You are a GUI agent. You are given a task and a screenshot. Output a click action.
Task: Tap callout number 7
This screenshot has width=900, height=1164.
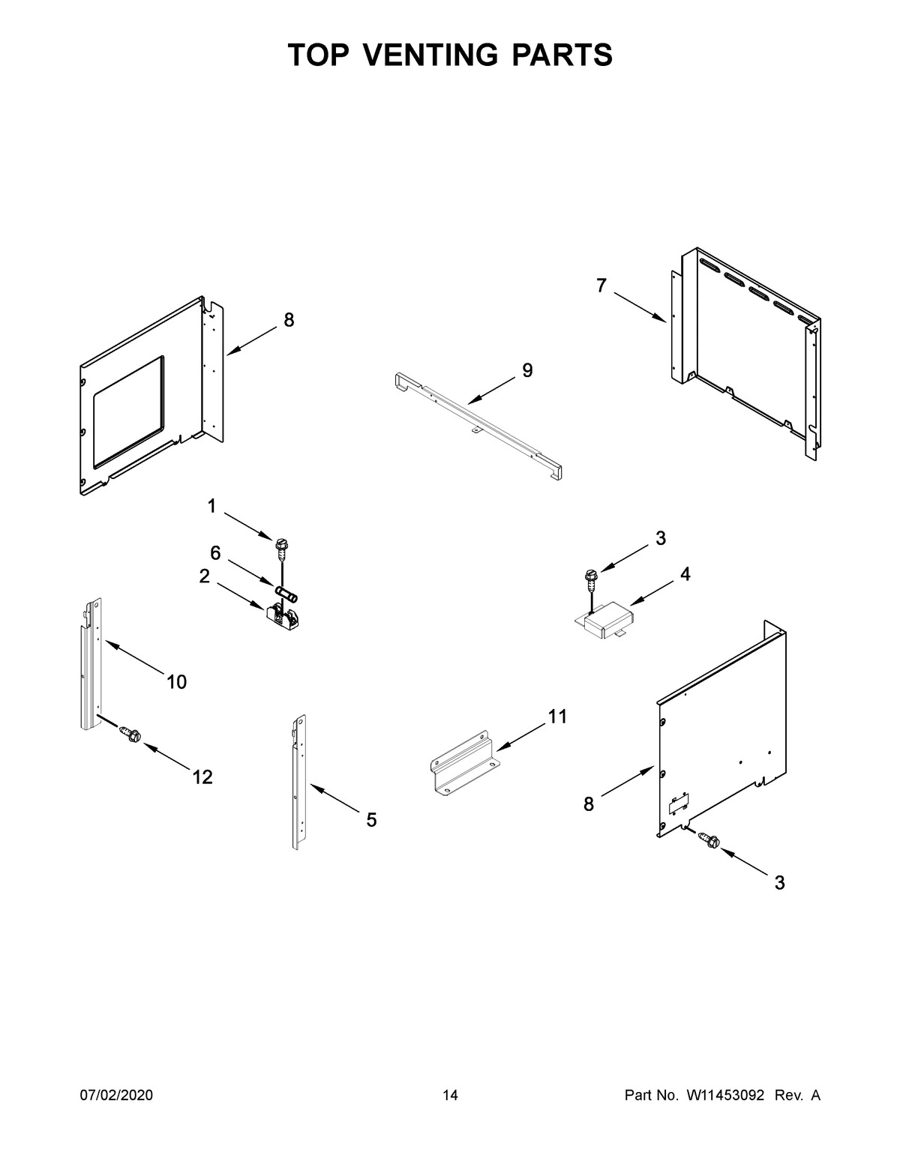click(601, 286)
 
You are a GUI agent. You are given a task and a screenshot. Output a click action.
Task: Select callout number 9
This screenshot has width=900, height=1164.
click(527, 370)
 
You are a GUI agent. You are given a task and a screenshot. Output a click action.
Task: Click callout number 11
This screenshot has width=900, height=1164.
click(557, 717)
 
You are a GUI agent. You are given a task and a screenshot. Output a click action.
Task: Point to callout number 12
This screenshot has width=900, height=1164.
click(202, 778)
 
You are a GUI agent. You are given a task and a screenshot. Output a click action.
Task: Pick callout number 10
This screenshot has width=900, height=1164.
click(177, 682)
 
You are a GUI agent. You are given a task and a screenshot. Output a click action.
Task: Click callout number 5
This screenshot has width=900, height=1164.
click(371, 821)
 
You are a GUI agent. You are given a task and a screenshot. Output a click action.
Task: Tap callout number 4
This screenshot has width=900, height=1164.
click(685, 574)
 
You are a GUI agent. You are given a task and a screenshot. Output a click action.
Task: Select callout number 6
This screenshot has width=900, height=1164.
click(215, 553)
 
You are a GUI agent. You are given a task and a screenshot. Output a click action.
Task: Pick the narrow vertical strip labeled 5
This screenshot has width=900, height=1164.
click(298, 783)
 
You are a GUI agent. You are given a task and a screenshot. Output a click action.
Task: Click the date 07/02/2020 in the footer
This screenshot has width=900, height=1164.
click(116, 1096)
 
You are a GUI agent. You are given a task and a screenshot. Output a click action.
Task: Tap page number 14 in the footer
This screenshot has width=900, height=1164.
click(450, 1096)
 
